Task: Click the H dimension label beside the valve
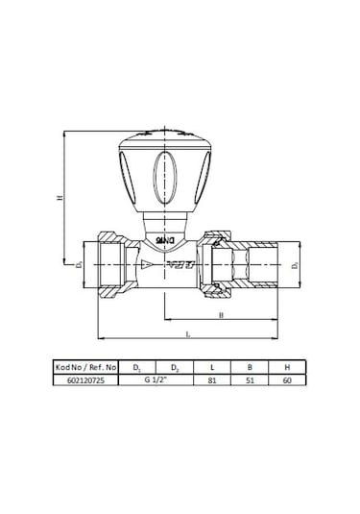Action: pos(60,198)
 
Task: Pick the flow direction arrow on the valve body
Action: pos(147,262)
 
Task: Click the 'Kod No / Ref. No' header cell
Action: pos(85,367)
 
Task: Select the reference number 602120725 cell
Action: pos(85,380)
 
